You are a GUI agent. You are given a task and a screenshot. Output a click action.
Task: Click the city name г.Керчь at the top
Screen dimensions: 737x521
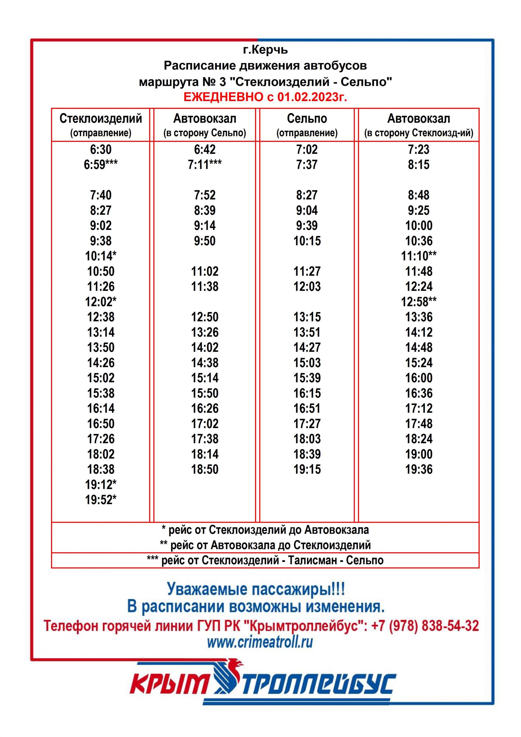[x=265, y=50]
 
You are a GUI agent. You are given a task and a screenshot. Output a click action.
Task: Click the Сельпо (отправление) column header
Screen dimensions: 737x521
[x=307, y=125]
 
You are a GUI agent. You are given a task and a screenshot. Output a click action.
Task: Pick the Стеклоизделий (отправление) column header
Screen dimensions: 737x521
[x=100, y=125]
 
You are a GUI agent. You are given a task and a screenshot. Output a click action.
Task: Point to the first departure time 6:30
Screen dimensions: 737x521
[x=100, y=150]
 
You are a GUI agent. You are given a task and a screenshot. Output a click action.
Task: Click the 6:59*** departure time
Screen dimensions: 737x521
[x=100, y=165]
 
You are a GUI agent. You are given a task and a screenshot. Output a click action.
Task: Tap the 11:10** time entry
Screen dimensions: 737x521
[x=419, y=256]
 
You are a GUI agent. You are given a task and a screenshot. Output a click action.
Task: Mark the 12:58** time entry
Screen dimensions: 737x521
[x=419, y=302]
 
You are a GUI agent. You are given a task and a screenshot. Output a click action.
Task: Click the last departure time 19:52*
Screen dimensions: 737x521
[x=100, y=500]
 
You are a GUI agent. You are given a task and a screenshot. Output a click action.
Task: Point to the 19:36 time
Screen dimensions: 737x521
[x=419, y=469]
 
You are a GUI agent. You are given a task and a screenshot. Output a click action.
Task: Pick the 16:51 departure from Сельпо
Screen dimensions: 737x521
[x=307, y=408]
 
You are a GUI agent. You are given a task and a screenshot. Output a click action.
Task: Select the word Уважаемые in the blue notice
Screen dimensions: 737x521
[x=207, y=589]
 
